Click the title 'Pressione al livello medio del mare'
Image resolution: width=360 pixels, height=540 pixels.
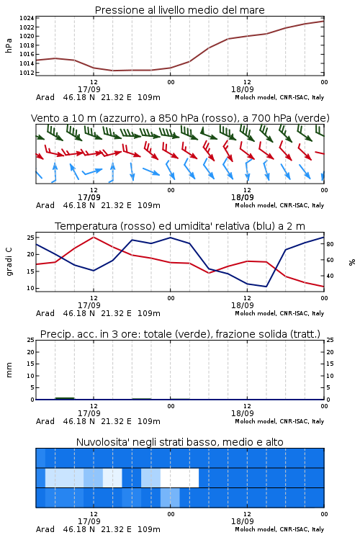179,10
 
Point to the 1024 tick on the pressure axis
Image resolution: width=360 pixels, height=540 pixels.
27,18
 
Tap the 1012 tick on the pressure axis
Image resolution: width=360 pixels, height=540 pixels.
27,72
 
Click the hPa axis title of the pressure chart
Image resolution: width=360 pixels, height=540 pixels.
9,45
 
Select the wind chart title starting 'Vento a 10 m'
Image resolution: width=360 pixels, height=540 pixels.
180,118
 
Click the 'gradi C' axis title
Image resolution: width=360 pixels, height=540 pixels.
9,261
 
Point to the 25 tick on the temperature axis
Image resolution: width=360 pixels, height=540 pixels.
31,238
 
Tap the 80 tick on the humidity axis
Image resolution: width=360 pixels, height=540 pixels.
330,244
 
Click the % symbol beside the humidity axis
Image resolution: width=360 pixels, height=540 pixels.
352,262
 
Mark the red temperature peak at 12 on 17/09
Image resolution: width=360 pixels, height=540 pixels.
94,237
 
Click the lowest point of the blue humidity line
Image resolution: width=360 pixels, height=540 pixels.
266,287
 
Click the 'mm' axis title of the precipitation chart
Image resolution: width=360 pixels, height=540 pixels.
9,370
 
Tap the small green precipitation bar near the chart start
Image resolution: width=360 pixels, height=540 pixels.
65,398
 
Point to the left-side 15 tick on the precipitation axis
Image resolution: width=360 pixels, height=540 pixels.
31,364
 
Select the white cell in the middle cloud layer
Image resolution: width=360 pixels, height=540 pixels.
179,477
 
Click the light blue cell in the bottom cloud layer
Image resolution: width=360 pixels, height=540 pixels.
170,498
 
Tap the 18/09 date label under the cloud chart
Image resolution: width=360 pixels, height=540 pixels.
243,521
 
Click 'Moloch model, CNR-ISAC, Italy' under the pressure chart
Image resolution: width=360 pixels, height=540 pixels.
279,97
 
